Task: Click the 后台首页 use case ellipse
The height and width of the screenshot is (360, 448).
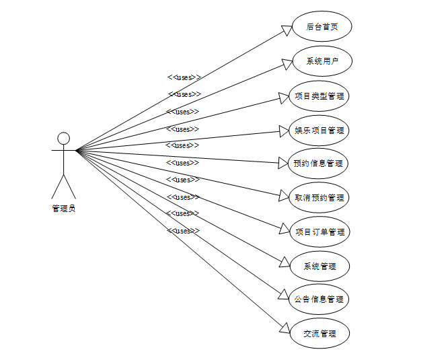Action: pos(321,27)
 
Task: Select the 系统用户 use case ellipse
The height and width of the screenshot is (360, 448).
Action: pos(321,61)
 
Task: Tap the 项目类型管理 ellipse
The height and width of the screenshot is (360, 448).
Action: pos(320,96)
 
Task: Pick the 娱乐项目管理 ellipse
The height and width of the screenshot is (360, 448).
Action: pos(320,130)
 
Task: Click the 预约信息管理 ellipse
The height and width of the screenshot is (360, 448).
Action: pos(318,164)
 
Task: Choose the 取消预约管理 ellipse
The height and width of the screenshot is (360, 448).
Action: pos(320,198)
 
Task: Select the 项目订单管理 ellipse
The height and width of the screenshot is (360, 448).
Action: pos(320,232)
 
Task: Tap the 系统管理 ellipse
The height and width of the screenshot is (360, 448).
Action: pos(320,266)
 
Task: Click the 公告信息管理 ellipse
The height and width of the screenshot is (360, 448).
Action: pos(320,299)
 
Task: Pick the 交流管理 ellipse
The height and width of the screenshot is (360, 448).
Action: pos(320,333)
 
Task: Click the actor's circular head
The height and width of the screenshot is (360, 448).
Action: pos(63,139)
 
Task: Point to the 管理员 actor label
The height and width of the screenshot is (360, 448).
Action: pos(63,209)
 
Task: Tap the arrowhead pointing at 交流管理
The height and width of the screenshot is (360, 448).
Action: pos(285,329)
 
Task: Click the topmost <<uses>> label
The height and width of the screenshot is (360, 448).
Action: pos(184,77)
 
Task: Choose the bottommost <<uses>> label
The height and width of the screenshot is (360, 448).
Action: pos(184,231)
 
